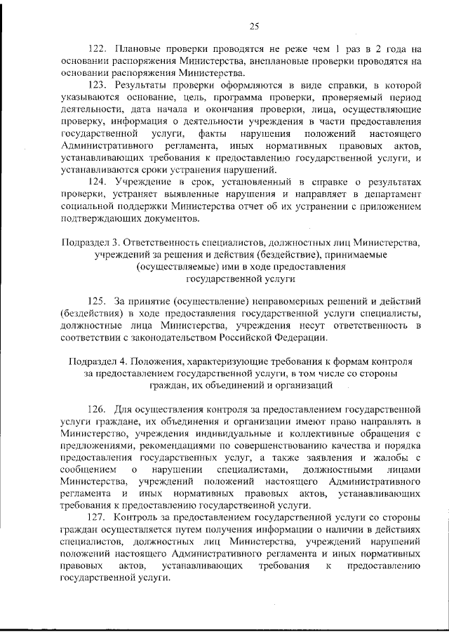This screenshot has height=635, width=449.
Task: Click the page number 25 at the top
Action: tap(254, 27)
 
